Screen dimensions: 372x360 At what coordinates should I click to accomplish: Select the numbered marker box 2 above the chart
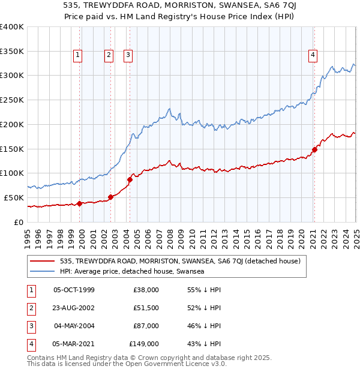pos(109,56)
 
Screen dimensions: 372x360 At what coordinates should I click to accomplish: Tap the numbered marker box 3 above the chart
pos(128,56)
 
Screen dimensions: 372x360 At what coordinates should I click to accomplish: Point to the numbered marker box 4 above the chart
pos(313,56)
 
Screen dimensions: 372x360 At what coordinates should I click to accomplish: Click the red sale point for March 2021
pos(314,149)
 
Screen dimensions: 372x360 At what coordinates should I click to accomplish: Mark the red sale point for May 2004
pos(130,179)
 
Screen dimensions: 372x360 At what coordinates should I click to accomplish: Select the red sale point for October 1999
pos(80,203)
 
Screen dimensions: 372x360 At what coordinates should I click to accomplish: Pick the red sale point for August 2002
pos(111,197)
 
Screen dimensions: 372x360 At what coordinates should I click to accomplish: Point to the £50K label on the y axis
pos(14,197)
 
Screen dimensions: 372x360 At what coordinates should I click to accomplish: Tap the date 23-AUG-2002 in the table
pos(74,308)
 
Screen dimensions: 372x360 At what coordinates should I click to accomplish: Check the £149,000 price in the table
pos(144,344)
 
